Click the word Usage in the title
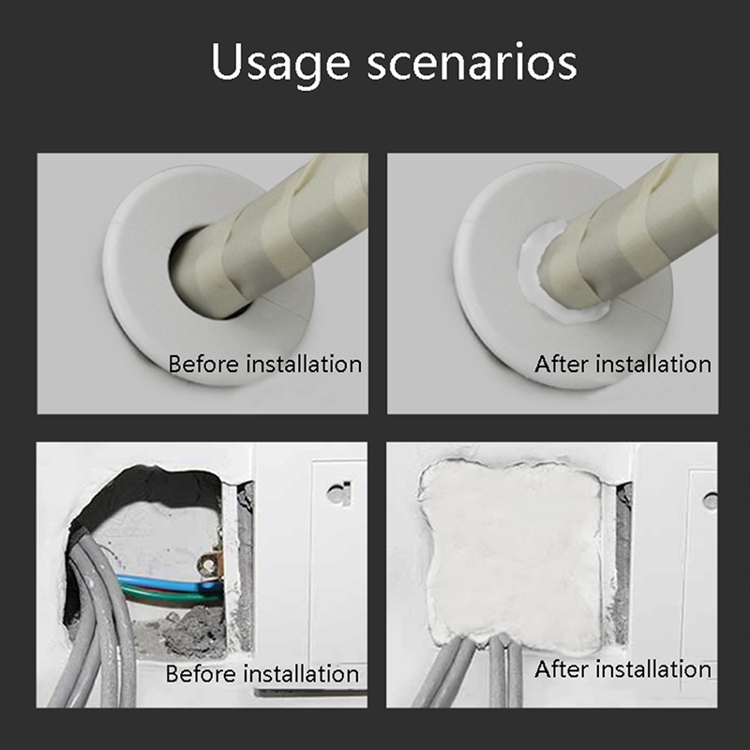coord(280,64)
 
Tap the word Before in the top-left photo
coord(203,364)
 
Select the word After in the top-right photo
coord(562,364)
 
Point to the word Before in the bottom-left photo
coord(201,674)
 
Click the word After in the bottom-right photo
coord(562,669)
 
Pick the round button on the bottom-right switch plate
coord(711,501)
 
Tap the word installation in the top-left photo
coord(304,364)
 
